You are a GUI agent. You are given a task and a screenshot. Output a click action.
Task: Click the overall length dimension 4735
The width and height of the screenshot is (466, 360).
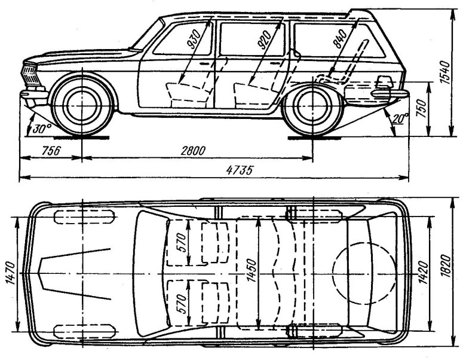click(x=239, y=170)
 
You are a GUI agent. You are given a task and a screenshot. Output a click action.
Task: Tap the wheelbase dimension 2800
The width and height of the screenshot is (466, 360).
click(x=193, y=151)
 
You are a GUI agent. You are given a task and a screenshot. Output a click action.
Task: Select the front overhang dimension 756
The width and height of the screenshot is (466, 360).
click(x=51, y=151)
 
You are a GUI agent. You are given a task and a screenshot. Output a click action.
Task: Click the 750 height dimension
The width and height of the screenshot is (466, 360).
click(x=422, y=109)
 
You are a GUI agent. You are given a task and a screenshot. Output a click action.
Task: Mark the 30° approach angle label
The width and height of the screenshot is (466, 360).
click(x=42, y=129)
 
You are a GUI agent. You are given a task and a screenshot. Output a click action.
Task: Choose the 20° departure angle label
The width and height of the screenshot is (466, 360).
click(x=400, y=118)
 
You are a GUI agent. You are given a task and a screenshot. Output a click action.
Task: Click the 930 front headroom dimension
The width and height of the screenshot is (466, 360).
click(x=194, y=39)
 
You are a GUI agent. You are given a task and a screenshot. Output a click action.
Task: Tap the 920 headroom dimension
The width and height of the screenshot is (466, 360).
click(x=264, y=39)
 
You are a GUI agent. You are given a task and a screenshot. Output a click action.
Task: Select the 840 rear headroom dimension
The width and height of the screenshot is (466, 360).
click(x=340, y=39)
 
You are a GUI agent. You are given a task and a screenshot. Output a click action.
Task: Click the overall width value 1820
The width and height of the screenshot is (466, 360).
click(x=446, y=266)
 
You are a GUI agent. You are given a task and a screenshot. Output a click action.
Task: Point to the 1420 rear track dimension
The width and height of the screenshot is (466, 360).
click(x=423, y=273)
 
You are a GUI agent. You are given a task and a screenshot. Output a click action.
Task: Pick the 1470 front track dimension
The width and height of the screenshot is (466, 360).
click(x=11, y=273)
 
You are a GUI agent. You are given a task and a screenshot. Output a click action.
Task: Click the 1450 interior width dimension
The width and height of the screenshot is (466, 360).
click(x=252, y=270)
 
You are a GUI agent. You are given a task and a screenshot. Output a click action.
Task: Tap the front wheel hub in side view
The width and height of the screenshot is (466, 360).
click(x=82, y=105)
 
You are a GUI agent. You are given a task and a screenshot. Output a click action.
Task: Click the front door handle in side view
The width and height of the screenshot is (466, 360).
click(x=204, y=63)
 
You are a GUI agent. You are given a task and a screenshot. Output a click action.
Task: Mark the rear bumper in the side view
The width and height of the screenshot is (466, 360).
click(x=390, y=94)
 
